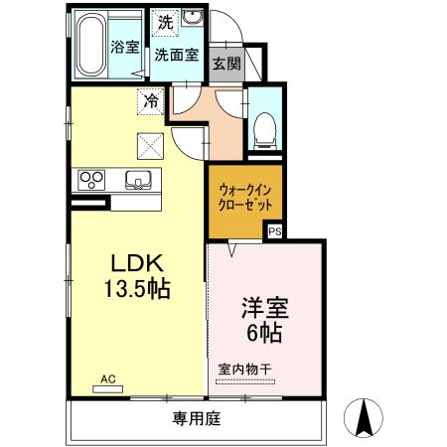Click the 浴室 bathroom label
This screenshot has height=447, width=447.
[x=125, y=46]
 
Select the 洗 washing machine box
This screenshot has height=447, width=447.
[x=164, y=20]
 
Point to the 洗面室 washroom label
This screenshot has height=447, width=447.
[x=180, y=55]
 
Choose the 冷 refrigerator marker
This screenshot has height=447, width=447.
[x=151, y=99]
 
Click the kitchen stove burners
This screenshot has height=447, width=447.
[x=91, y=180]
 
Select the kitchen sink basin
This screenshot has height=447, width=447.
[x=138, y=180]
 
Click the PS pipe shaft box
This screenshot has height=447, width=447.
[x=275, y=230]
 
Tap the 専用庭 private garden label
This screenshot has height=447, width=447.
[x=195, y=417]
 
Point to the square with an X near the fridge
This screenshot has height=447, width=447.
[x=151, y=146]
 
